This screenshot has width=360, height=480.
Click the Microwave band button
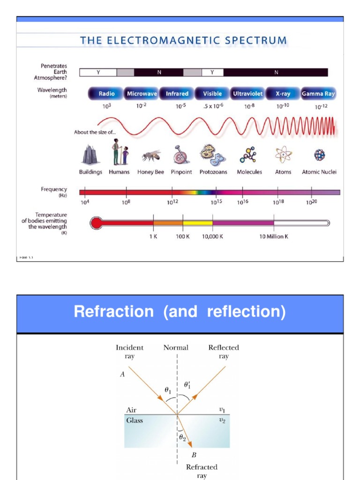pos(142,94)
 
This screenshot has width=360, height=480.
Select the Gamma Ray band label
pos(318,94)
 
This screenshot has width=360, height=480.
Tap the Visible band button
pos(212,94)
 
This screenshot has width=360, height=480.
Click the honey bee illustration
pos(151,155)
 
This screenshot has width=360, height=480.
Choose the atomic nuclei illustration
pos(319,155)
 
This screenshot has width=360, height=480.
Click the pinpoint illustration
pos(180,154)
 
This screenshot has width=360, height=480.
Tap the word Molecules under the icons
pos(249,172)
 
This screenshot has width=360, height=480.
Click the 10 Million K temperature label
pos(274,237)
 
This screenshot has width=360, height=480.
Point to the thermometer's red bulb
pos(96,223)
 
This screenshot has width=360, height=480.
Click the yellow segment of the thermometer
pos(197,223)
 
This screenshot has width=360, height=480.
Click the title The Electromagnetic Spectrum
pos(183,40)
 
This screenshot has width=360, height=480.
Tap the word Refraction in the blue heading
pos(113,312)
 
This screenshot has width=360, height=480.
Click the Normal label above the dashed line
pos(176,347)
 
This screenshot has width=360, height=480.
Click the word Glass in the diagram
pos(135,420)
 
